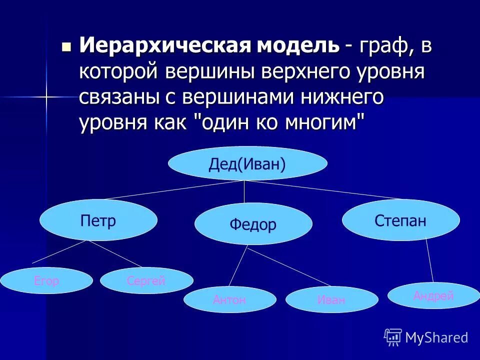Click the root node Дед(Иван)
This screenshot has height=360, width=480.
coord(247,163)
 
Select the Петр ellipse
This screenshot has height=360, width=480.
coord(98,220)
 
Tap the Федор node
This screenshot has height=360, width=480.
coord(253,224)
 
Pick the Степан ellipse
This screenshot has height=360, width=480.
coord(400,220)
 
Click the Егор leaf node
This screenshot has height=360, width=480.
coord(46,281)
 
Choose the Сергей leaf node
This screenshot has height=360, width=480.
coord(146,281)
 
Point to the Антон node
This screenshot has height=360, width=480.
coord(229,300)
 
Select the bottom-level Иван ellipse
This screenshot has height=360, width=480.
coord(331,300)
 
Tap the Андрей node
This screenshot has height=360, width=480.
coord(433,295)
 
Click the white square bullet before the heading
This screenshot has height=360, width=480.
coord(66,47)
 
